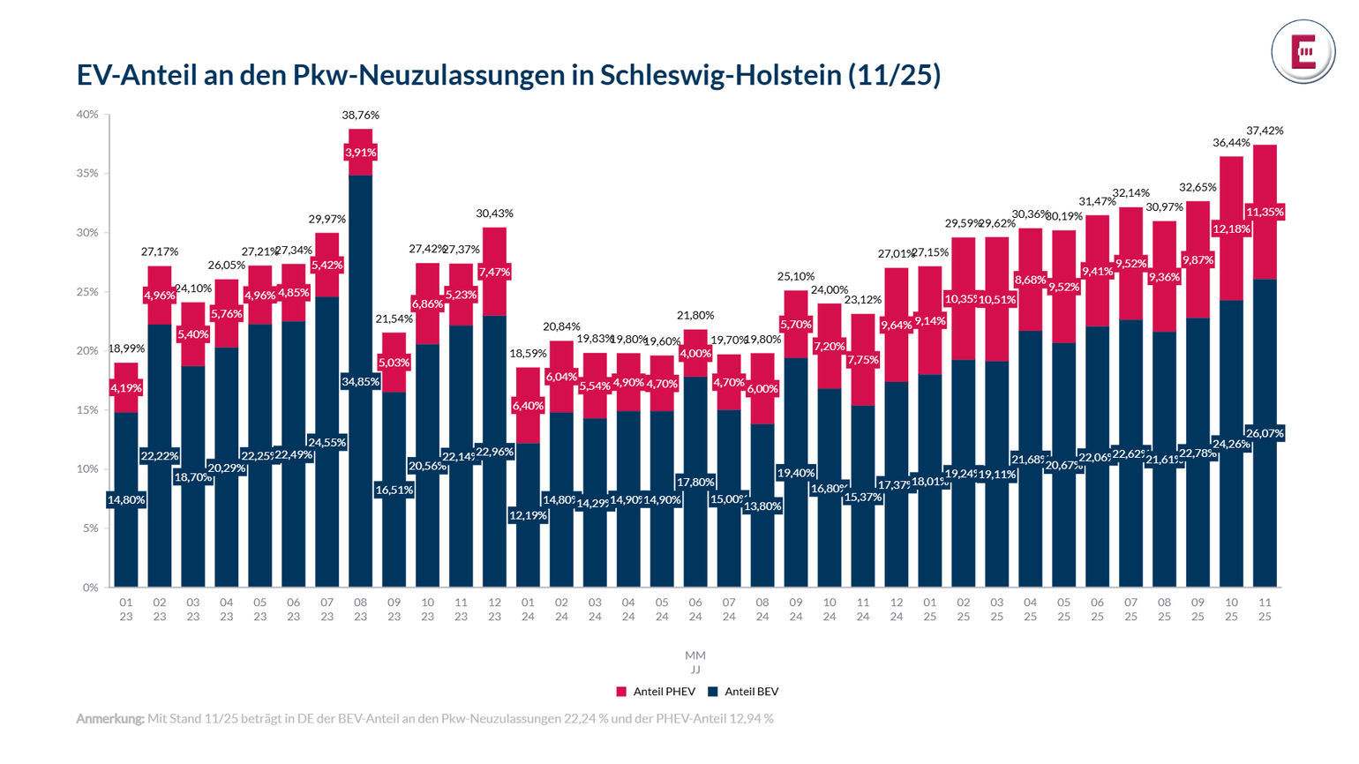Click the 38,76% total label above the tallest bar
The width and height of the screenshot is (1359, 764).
pos(360,115)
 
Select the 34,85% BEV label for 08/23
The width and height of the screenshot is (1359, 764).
pos(360,382)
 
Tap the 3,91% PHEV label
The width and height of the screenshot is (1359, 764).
pos(360,153)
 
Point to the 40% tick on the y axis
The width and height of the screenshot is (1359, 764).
pos(87,115)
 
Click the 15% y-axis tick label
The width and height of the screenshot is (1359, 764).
pos(87,410)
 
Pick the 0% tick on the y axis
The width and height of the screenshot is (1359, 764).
pos(90,588)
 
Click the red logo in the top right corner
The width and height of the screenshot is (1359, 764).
pos(1303,52)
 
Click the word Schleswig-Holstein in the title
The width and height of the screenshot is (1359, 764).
pos(721,75)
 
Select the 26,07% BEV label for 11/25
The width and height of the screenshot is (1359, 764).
pos(1265,433)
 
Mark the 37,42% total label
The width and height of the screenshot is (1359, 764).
pos(1265,131)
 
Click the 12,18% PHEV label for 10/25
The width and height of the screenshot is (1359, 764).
pos(1231,229)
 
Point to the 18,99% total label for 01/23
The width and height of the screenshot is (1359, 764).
pos(126,348)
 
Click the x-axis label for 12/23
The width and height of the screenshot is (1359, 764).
pos(494,610)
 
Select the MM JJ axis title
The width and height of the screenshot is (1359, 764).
pos(695,663)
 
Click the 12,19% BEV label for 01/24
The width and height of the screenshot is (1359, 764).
pos(528,515)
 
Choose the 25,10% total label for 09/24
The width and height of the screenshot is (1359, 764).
pos(796,276)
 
